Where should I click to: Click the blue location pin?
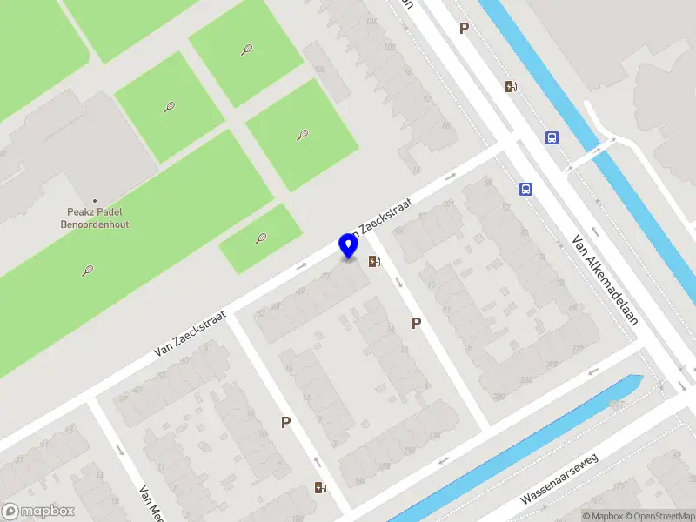coord(349,246)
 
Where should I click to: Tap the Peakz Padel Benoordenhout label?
coord(95,217)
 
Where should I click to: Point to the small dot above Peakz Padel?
coord(95,201)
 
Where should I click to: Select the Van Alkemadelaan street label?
coord(606,279)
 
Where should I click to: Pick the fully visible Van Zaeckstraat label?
coord(191,334)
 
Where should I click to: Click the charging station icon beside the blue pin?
coord(374,261)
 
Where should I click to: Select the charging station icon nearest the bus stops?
coord(511,86)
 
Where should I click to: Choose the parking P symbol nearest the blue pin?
coord(417,324)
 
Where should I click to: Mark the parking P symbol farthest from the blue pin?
coord(465,29)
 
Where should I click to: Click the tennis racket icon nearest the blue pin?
coord(261,238)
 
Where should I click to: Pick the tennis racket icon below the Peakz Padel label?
coord(89,271)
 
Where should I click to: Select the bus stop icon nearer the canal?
coord(552,137)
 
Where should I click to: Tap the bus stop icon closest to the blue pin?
coord(525,188)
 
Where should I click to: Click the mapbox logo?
coord(38,512)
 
